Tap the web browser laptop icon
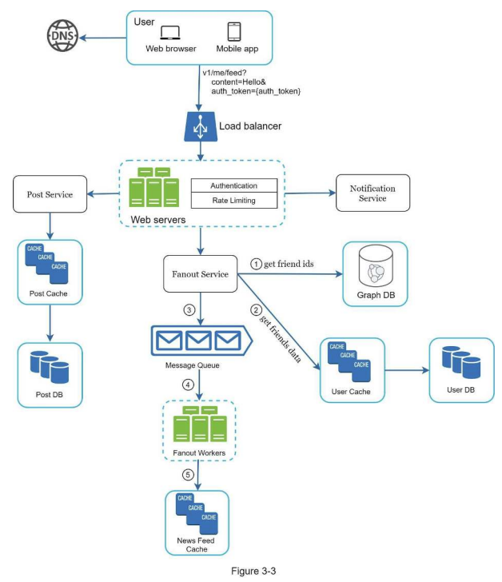pos(171,33)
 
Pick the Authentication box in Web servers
pos(234,185)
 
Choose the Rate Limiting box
pos(234,200)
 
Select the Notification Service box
pos(373,193)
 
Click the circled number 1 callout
pos(257,263)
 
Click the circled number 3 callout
pos(189,309)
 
